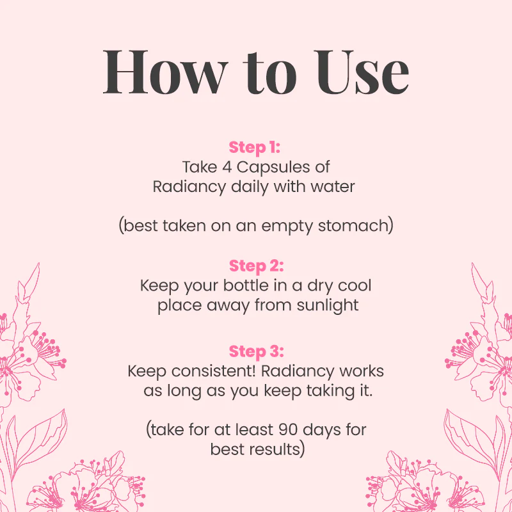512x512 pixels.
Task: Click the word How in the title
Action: click(165, 72)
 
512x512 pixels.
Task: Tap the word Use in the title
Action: click(361, 72)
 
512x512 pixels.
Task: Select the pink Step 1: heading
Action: click(254, 147)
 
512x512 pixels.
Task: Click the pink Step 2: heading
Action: click(257, 266)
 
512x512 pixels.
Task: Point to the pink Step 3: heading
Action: click(257, 351)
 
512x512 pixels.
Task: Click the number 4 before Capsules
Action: click(227, 167)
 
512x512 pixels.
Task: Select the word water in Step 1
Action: click(332, 187)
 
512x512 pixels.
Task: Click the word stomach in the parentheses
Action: click(356, 226)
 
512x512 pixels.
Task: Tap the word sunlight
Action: click(328, 306)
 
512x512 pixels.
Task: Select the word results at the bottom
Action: click(275, 450)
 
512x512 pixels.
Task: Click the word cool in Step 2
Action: click(355, 285)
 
